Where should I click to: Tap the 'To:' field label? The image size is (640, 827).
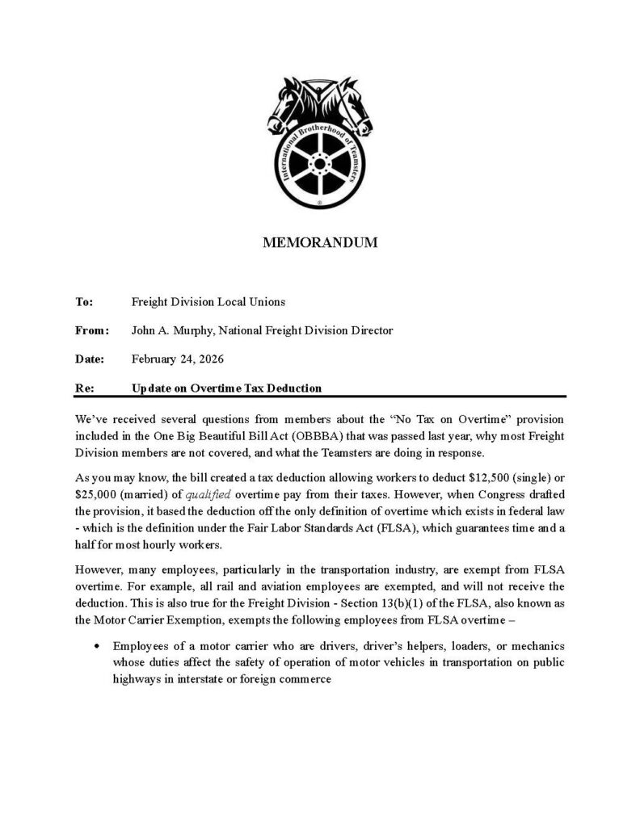(85, 302)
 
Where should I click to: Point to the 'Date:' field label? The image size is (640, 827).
(89, 359)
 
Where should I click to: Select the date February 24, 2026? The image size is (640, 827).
(177, 359)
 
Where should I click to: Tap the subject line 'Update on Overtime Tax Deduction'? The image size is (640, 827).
(226, 388)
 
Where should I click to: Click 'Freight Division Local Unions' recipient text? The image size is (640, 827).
(208, 302)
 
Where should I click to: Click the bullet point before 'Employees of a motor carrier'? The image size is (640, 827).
(97, 646)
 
